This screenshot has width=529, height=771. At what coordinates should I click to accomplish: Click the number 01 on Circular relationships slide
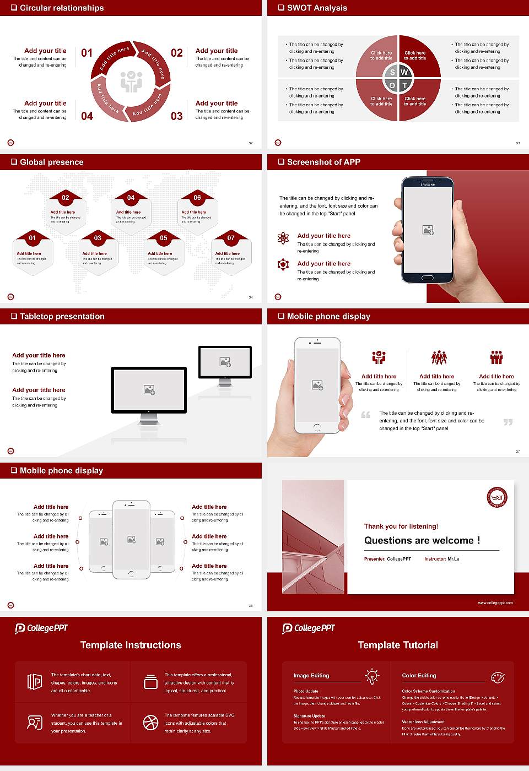tap(87, 53)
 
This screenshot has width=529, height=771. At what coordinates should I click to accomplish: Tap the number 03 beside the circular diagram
tap(176, 116)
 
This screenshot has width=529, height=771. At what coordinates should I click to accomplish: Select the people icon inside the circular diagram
tap(131, 82)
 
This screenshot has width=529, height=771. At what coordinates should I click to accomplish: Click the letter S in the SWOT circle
tap(392, 72)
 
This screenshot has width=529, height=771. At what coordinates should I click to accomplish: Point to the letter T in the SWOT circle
tap(404, 85)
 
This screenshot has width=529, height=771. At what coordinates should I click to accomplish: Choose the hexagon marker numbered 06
tap(197, 198)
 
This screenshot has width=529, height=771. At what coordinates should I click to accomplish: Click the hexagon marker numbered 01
tap(33, 238)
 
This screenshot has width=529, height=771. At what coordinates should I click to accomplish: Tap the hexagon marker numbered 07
tap(231, 238)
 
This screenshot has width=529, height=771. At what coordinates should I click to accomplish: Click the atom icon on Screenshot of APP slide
tap(283, 238)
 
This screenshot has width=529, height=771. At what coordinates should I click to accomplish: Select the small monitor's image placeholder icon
tap(225, 362)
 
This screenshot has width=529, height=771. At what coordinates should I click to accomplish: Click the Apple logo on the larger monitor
tap(149, 411)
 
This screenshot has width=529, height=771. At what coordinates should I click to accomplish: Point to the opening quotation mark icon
tap(365, 415)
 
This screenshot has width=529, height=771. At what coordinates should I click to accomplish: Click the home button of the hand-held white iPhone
tap(317, 427)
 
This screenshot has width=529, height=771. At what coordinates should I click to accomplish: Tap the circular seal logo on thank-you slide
tap(497, 498)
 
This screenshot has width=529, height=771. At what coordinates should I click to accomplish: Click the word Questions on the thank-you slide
tap(387, 540)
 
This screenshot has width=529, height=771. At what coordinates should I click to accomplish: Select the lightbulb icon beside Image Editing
tap(372, 676)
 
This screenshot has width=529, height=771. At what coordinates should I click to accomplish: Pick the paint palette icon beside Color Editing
tap(498, 676)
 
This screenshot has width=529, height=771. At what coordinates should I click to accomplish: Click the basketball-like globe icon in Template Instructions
tap(150, 723)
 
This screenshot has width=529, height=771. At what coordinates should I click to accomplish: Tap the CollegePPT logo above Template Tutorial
tap(309, 628)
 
